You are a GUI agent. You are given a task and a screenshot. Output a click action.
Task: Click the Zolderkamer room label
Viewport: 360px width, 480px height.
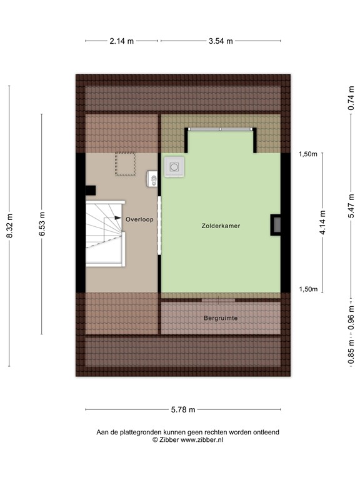(x=221, y=225)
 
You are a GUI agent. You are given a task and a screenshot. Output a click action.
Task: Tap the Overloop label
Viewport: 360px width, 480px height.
(x=139, y=219)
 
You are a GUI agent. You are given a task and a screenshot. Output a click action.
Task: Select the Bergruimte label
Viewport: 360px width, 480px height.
(x=221, y=318)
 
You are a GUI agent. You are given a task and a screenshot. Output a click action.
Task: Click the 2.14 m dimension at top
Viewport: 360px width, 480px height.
(x=122, y=41)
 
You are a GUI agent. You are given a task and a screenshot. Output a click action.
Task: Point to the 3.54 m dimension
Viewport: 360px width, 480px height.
(x=221, y=41)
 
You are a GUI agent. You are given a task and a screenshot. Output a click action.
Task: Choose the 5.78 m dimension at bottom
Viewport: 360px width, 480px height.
(x=183, y=410)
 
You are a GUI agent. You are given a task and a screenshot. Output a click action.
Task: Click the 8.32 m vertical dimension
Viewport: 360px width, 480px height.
(x=9, y=226)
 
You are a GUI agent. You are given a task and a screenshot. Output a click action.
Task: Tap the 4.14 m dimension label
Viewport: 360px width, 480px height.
(x=322, y=223)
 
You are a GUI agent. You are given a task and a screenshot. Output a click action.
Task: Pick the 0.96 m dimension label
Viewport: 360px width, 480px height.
(x=352, y=318)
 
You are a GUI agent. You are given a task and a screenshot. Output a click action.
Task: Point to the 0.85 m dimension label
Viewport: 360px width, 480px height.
(x=352, y=354)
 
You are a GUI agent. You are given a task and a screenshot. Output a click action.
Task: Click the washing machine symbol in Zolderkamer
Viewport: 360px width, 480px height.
(x=174, y=167)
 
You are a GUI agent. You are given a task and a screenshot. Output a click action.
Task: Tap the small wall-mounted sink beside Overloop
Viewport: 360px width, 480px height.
(x=152, y=180)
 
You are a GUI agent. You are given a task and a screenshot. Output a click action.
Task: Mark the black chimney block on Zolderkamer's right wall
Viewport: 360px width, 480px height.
(x=276, y=224)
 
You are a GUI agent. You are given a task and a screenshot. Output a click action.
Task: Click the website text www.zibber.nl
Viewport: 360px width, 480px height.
(x=202, y=440)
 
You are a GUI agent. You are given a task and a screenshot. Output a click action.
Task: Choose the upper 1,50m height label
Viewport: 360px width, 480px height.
(x=308, y=154)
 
